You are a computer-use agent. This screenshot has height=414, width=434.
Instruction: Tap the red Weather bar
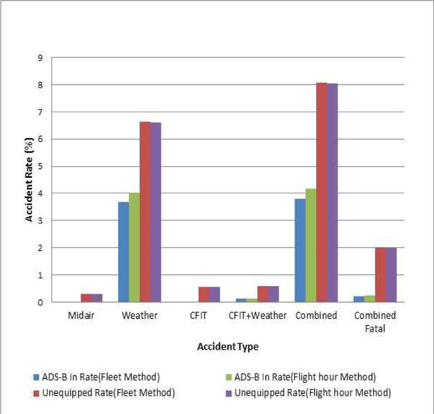144,212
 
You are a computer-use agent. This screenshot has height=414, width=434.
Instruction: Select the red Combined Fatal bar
380,275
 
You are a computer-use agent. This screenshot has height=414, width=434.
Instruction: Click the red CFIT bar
204,295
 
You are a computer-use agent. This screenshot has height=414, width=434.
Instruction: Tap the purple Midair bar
97,298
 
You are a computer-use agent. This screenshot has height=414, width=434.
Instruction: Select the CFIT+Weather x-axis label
258,315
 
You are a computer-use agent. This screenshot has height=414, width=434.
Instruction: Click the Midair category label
81,315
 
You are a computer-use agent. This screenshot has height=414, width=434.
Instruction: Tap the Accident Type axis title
228,347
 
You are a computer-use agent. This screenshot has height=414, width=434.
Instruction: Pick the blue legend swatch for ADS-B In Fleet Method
35,377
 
